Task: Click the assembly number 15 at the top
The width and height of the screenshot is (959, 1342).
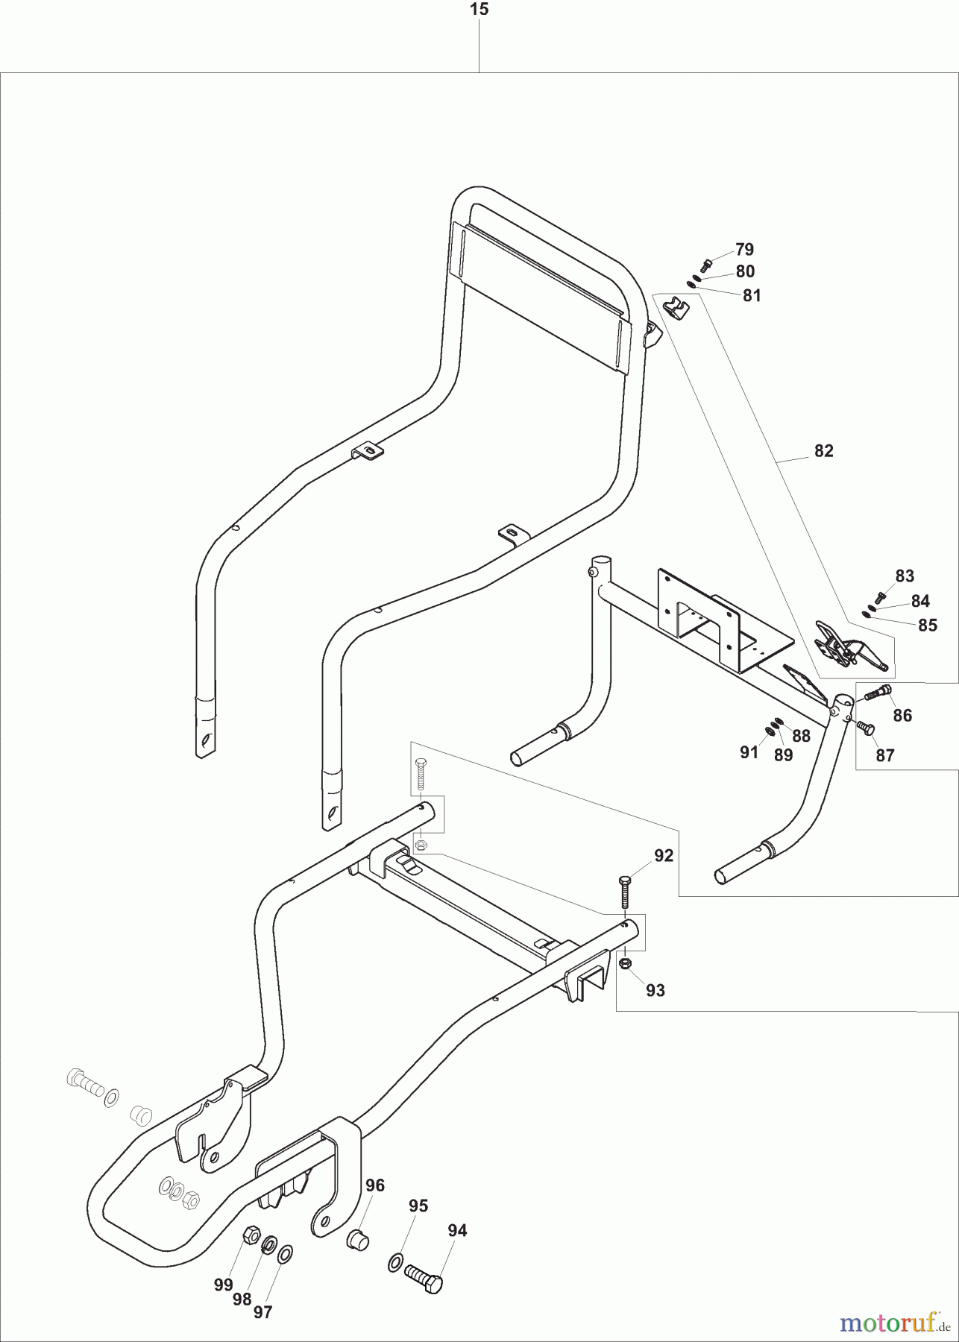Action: (479, 10)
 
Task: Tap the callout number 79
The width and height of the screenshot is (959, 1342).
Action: (744, 249)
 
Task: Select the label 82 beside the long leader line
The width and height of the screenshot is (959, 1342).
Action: (823, 451)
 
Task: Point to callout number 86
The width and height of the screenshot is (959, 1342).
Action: (902, 716)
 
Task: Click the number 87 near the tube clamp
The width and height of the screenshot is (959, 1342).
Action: (884, 755)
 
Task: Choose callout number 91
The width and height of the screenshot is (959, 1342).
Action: (749, 752)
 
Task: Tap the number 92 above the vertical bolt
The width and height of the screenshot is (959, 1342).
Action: (664, 856)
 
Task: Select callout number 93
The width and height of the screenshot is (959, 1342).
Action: (655, 990)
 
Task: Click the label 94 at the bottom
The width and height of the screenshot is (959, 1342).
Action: (457, 1231)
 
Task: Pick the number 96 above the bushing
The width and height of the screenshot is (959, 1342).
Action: (375, 1185)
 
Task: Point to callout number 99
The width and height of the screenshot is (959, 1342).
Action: (223, 1284)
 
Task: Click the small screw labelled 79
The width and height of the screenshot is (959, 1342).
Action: (706, 264)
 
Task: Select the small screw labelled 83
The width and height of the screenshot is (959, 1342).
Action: (881, 597)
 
